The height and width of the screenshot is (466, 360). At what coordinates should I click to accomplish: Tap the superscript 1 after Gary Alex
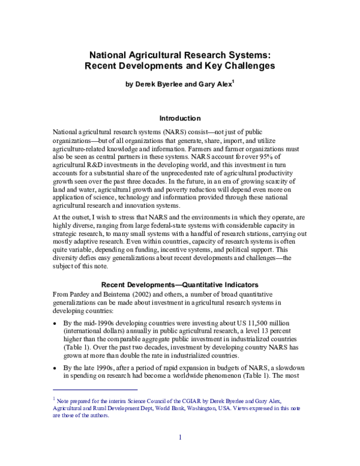(233, 83)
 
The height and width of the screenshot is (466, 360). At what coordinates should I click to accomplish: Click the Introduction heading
(179, 118)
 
